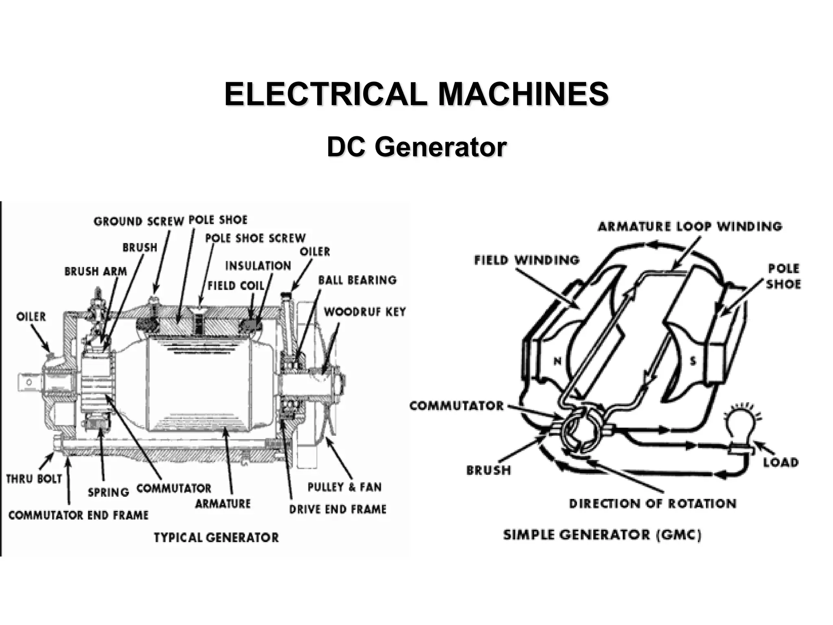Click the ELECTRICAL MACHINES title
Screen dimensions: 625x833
coord(416,94)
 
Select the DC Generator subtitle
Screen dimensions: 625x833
coord(416,147)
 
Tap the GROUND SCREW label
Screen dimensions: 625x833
coord(139,221)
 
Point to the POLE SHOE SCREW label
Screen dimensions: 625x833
coord(255,238)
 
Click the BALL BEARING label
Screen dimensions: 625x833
coord(357,280)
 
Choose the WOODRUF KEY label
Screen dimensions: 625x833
coord(365,312)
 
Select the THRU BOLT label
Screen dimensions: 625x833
coord(34,479)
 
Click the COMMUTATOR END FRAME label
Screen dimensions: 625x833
coord(79,515)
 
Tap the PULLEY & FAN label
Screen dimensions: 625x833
coord(345,487)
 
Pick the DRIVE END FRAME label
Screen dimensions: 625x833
coord(338,509)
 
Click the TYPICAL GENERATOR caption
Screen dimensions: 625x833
coord(216,538)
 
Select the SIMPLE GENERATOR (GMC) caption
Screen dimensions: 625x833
coord(602,534)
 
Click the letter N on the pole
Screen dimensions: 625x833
coord(558,361)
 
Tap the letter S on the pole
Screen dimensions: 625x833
coord(693,361)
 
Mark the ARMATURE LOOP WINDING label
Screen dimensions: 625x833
coord(690,226)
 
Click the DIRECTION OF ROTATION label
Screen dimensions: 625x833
coord(652,504)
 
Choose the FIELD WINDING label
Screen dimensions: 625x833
coord(527,260)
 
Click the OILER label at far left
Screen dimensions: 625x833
coord(31,317)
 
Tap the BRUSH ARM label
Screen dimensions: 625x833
coord(96,271)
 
